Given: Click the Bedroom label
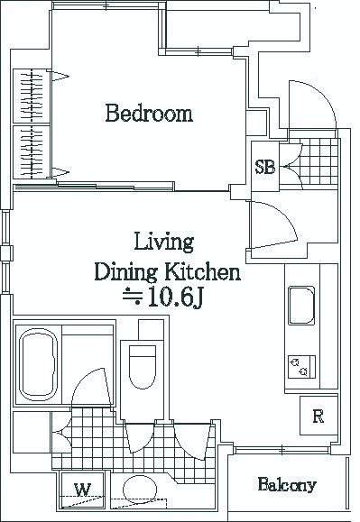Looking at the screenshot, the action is click(149, 114).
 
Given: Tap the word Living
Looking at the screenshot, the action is click(164, 242).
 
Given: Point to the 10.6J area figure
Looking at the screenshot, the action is click(174, 297).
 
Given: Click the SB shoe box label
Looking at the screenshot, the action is click(265, 167).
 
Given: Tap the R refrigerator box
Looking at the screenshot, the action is click(318, 416).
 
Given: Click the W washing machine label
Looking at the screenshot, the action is click(82, 490).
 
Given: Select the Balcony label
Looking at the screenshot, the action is click(287, 484).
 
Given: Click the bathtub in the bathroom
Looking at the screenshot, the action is click(38, 365).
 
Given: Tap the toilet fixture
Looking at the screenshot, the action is click(143, 367).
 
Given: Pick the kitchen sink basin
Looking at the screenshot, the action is click(301, 306).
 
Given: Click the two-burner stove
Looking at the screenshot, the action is click(301, 367).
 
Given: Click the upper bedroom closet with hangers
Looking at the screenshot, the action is click(32, 96).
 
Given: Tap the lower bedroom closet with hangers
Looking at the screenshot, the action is click(32, 151).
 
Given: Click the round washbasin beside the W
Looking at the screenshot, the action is click(140, 490).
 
